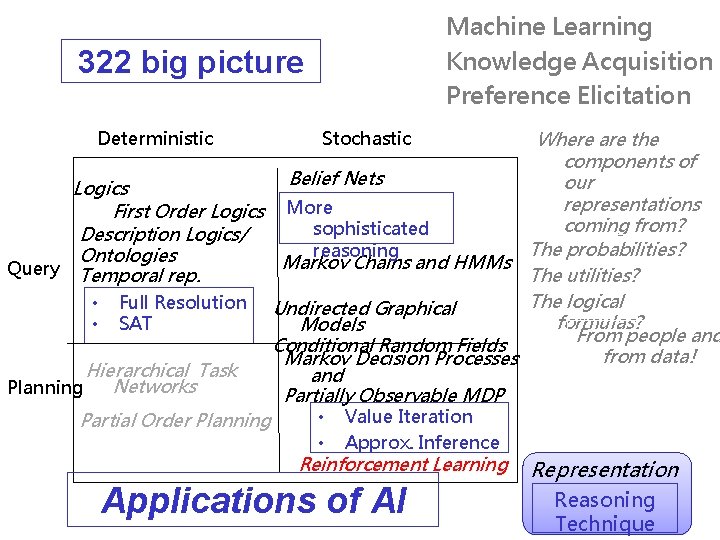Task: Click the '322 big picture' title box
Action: [x=190, y=62]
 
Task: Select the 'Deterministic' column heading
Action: [x=155, y=138]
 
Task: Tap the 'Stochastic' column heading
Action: [x=366, y=138]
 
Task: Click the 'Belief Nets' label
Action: [x=336, y=178]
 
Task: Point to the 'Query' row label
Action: [x=33, y=268]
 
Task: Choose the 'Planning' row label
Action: [x=44, y=387]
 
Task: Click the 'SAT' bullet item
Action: [x=135, y=323]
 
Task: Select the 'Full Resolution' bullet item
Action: [x=182, y=302]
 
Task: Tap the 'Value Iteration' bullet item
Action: [x=408, y=417]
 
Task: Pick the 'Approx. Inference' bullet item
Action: [x=421, y=442]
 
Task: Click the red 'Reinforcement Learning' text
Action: [x=404, y=464]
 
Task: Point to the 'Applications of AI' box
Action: [x=254, y=500]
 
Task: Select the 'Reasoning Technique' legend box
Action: [x=604, y=511]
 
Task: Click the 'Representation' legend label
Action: [x=606, y=469]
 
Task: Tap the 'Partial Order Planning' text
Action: [x=176, y=420]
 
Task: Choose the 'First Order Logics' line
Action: [x=189, y=211]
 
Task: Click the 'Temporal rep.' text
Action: [x=140, y=275]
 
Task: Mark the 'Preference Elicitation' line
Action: [x=568, y=96]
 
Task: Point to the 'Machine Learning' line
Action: [x=548, y=27]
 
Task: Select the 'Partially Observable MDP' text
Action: [x=394, y=395]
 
